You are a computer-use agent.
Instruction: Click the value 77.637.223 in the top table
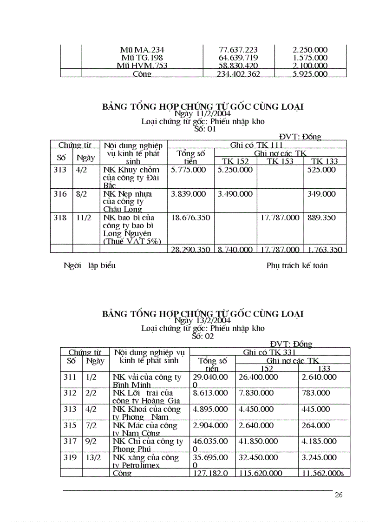tap(238, 50)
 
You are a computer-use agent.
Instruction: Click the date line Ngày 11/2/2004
tap(203, 113)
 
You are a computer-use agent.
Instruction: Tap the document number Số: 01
tap(205, 129)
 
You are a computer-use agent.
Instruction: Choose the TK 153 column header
tap(280, 161)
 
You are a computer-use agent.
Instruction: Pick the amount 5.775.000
tap(189, 170)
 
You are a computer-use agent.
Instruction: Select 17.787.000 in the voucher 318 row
tap(280, 218)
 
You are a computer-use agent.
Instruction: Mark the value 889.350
tap(321, 218)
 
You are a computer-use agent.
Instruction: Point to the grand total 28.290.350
tap(190, 250)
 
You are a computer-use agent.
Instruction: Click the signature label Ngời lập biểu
tap(89, 266)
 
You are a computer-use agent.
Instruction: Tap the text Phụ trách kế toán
tap(297, 266)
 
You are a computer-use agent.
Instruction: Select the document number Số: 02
tap(203, 336)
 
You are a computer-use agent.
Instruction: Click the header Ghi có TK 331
tap(270, 352)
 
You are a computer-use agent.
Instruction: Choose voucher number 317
tap(70, 442)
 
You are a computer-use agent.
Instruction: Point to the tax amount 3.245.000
tap(319, 457)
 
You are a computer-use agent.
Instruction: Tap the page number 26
tap(339, 495)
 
